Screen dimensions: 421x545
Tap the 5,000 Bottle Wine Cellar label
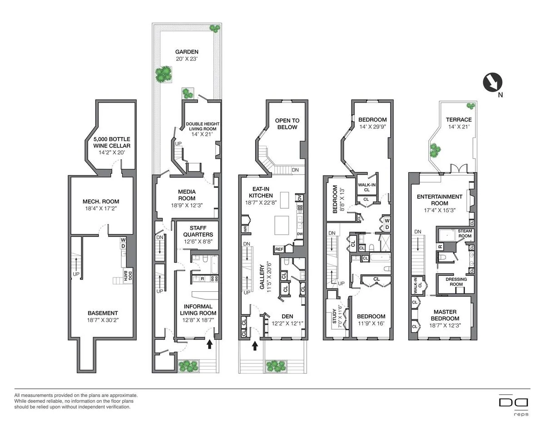click(x=112, y=142)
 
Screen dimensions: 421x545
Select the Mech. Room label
click(x=100, y=201)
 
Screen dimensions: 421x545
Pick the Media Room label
click(x=187, y=195)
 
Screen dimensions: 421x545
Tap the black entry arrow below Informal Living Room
click(x=209, y=345)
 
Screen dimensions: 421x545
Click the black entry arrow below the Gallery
click(x=255, y=346)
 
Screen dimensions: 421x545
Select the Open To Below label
click(x=287, y=124)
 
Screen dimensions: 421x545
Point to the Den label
click(x=287, y=317)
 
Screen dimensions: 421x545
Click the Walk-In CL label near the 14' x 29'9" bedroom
click(x=366, y=187)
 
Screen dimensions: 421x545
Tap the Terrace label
click(x=458, y=120)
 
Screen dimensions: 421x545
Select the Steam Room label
click(x=465, y=234)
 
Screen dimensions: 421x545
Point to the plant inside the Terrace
click(x=436, y=149)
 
